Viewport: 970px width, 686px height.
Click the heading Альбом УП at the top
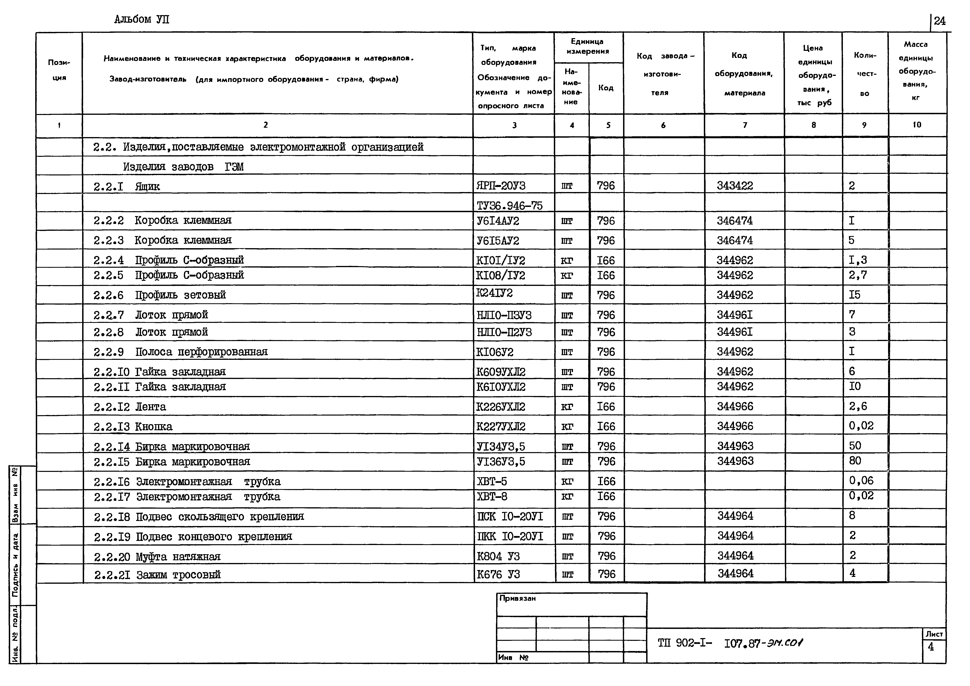click(x=142, y=19)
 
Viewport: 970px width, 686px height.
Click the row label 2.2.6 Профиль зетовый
click(x=160, y=295)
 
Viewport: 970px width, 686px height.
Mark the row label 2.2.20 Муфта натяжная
click(x=157, y=557)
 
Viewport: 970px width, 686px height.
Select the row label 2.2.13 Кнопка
click(x=133, y=427)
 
